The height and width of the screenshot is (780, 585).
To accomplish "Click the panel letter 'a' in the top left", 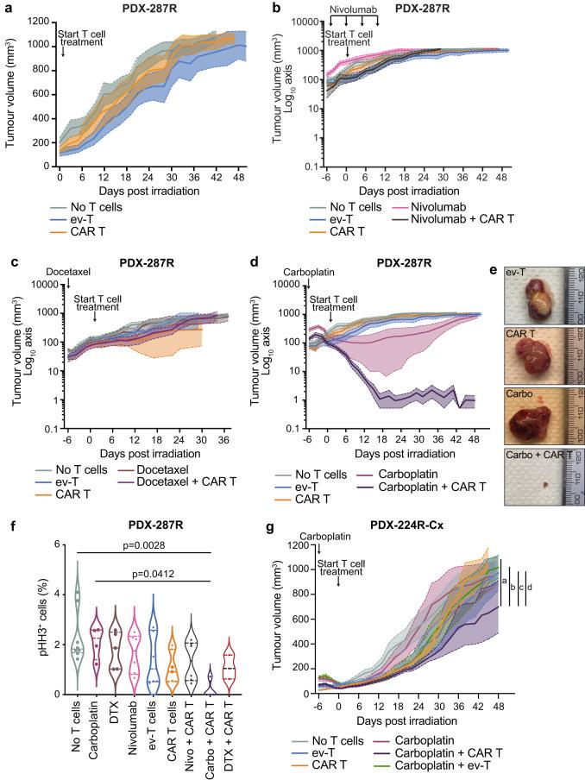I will [x=7, y=8].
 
